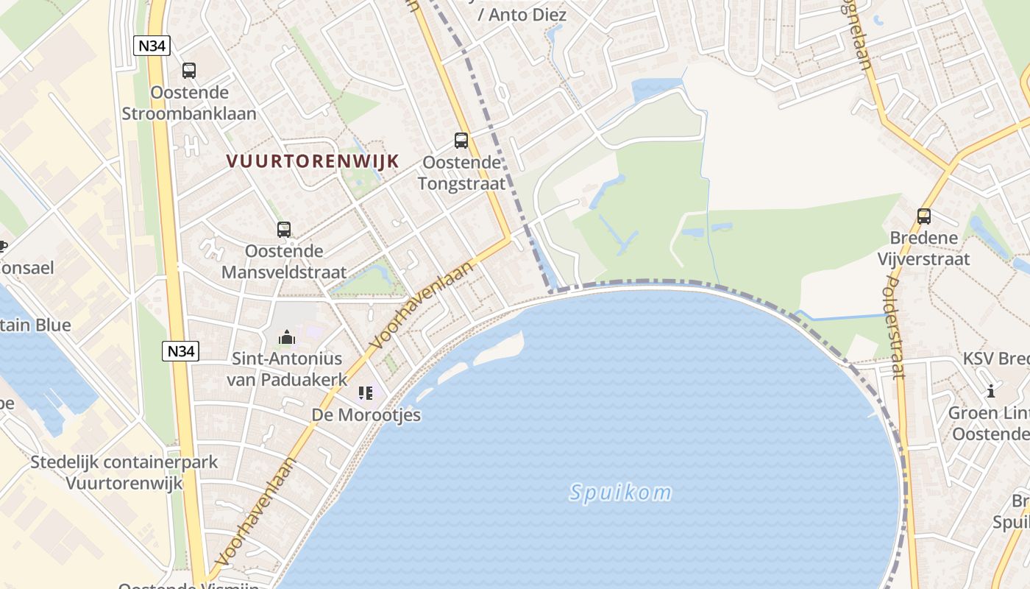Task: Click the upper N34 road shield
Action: pyautogui.click(x=152, y=46)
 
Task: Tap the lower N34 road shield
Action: pyautogui.click(x=181, y=351)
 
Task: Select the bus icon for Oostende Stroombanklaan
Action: pyautogui.click(x=189, y=71)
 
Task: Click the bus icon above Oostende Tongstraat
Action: pyautogui.click(x=461, y=140)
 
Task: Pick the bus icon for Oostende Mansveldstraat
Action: pyautogui.click(x=284, y=229)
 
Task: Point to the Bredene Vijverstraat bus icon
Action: pyautogui.click(x=924, y=216)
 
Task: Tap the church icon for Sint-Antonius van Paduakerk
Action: pyautogui.click(x=286, y=337)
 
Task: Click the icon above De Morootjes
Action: pyautogui.click(x=366, y=393)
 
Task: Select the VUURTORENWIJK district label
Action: pyautogui.click(x=313, y=161)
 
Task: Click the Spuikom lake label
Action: pyautogui.click(x=621, y=493)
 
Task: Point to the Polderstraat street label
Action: pyautogui.click(x=895, y=328)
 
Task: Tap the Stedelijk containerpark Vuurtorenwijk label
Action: pyautogui.click(x=124, y=473)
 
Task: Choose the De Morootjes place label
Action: pyautogui.click(x=366, y=415)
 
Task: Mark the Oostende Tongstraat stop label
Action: pyautogui.click(x=461, y=172)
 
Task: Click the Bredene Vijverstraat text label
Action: pyautogui.click(x=924, y=248)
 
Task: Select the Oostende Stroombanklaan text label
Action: pyautogui.click(x=189, y=103)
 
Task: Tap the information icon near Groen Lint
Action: pyautogui.click(x=991, y=391)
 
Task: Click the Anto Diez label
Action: pyautogui.click(x=522, y=14)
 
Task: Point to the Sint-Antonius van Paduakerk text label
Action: pyautogui.click(x=287, y=369)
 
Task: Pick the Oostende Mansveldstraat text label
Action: pyautogui.click(x=284, y=261)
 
